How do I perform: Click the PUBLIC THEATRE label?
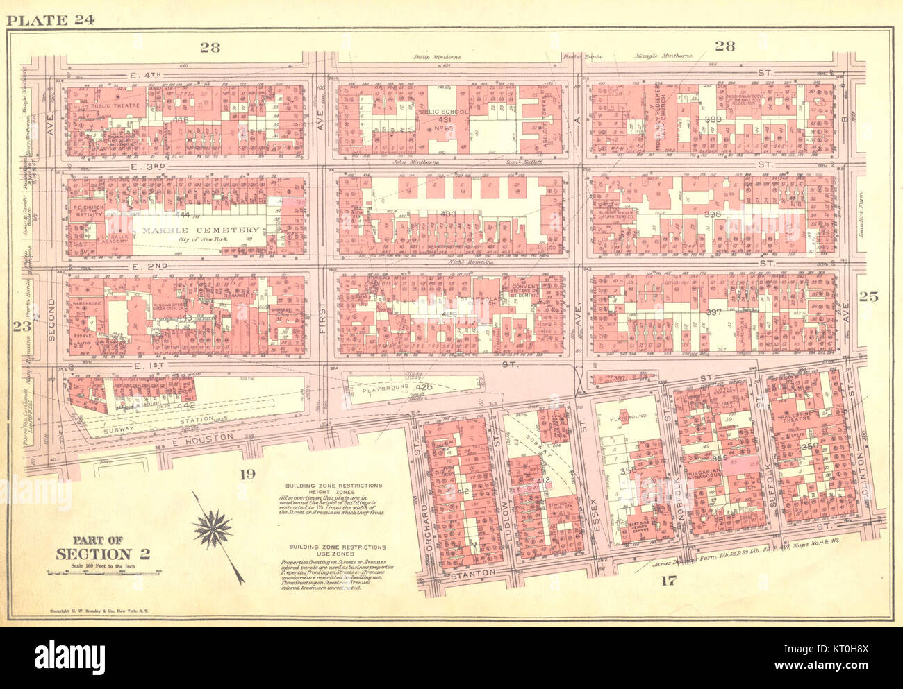(x=115, y=106)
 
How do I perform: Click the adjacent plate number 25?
(x=868, y=297)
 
